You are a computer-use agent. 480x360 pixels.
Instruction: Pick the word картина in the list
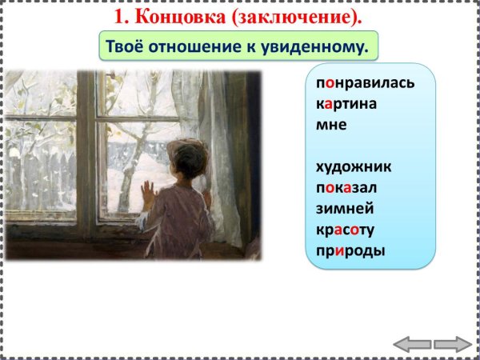click(x=346, y=104)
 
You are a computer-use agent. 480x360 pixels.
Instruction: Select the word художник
click(x=354, y=166)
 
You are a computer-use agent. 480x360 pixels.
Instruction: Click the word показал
click(x=346, y=187)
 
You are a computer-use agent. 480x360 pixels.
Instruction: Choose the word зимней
click(x=345, y=209)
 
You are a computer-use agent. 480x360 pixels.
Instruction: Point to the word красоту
click(x=346, y=230)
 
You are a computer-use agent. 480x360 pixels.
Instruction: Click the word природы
click(x=350, y=250)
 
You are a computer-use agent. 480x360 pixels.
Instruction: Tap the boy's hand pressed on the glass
click(x=147, y=192)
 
